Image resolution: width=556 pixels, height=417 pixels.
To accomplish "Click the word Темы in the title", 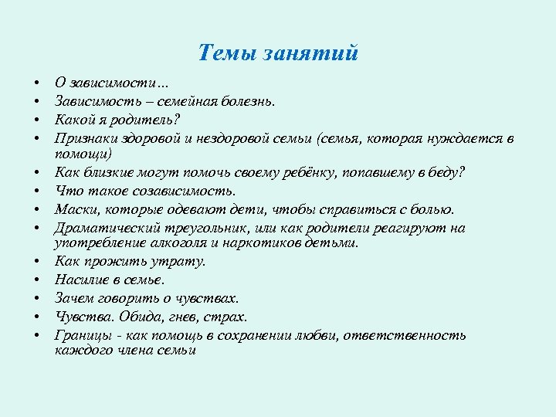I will click(x=227, y=53).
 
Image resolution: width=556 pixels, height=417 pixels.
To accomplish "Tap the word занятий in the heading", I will click(x=311, y=53).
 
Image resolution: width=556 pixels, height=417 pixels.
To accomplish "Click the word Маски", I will click(x=74, y=208).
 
